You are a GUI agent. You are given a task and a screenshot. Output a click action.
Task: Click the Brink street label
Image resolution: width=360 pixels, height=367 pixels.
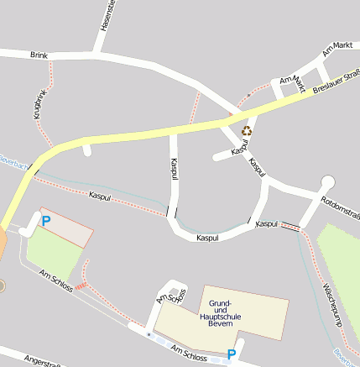coord(39,55)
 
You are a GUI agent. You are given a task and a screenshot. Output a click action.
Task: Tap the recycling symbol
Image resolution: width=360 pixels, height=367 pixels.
coord(247,131)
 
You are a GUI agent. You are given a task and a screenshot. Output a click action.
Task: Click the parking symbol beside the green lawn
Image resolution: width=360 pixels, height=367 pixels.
coord(46,221)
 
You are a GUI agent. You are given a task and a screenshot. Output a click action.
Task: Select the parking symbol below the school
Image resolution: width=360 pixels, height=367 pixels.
coord(232,355)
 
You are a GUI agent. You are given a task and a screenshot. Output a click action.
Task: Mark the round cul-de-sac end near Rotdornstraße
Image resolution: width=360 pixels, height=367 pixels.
coord(326,182)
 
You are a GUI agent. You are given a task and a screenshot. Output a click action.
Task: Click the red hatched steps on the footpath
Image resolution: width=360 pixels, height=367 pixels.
coord(81,286)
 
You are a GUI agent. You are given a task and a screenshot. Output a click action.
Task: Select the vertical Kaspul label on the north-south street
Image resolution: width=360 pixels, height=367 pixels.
coord(173,171)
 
